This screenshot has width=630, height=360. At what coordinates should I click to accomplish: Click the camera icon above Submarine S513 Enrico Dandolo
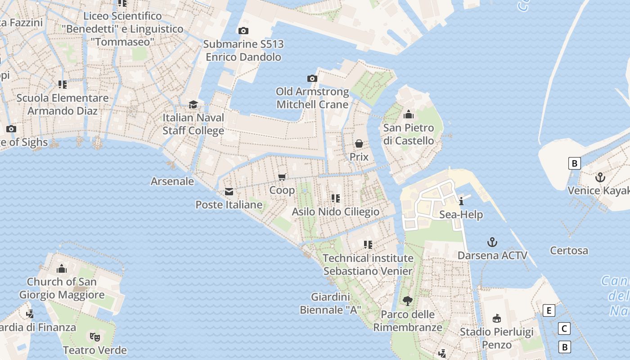point(243,31)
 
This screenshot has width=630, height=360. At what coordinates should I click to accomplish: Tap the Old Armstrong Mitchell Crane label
point(312,98)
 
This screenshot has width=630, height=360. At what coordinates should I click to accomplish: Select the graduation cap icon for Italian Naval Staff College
point(193,104)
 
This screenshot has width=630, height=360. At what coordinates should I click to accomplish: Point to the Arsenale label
point(172,181)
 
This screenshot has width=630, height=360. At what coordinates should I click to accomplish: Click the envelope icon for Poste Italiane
point(229,192)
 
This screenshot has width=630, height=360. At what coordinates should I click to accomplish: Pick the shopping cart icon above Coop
point(282,177)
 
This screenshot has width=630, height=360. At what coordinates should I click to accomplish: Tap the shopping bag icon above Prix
point(359,144)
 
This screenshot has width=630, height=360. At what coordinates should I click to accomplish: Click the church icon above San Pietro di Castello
point(409,115)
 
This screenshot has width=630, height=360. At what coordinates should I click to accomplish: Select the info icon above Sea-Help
point(461,201)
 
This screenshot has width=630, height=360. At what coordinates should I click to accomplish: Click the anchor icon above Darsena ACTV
point(492,243)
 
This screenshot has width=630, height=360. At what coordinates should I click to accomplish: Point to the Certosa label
point(569,251)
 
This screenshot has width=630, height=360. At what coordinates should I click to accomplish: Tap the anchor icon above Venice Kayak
point(600,178)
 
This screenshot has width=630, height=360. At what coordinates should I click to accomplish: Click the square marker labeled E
point(549,310)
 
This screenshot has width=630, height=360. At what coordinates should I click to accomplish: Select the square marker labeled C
point(564,328)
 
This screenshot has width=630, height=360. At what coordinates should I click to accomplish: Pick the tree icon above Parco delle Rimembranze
point(408,301)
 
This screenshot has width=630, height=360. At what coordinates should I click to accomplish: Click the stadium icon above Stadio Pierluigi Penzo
point(497,319)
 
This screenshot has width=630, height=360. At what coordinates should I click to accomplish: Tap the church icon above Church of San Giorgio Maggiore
point(62,269)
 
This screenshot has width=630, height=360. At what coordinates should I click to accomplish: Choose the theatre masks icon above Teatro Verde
point(94,337)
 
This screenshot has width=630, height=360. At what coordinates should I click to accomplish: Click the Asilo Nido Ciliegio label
point(335,211)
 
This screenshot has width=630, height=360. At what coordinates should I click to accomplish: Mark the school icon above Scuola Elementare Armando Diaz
point(63,85)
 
